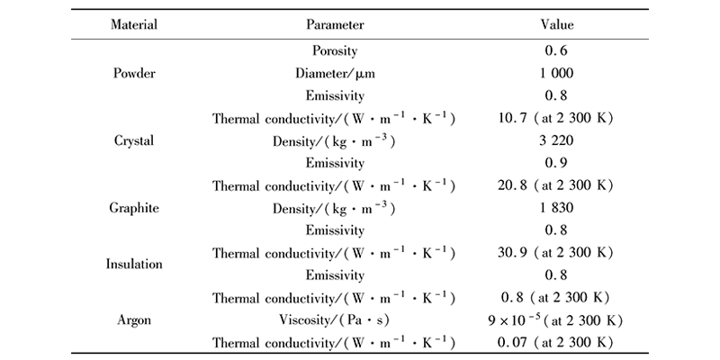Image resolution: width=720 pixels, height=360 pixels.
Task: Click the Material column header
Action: (x=134, y=25)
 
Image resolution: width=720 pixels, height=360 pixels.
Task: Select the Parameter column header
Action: (x=334, y=25)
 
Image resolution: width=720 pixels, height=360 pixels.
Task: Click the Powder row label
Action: (x=134, y=74)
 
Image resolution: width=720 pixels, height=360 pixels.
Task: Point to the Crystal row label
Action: (x=134, y=141)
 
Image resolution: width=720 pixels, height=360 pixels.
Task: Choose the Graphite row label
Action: (x=134, y=208)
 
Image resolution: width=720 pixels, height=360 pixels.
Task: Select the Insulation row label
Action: (x=134, y=265)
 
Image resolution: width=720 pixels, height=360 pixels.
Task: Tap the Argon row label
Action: (x=134, y=319)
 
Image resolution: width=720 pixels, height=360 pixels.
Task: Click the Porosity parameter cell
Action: (x=334, y=52)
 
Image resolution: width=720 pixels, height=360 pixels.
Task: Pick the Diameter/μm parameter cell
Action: (x=334, y=74)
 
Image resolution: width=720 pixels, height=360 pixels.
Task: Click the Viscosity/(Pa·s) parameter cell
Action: (x=334, y=319)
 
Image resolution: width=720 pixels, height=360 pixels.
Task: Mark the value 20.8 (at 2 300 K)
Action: (x=555, y=185)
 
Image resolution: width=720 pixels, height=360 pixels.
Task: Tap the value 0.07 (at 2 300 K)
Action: (x=555, y=341)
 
